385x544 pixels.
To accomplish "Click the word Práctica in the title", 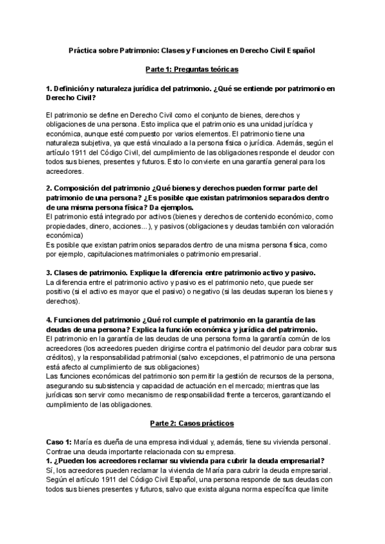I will point(84,49).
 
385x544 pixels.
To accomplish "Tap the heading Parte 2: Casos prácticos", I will point(192,424).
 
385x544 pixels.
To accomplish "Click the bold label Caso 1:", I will point(59,442).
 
